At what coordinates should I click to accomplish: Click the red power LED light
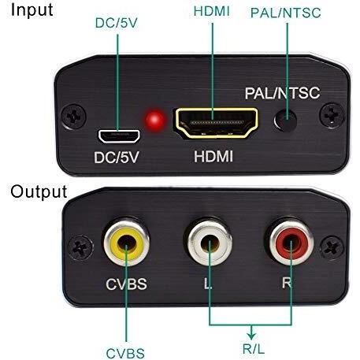[x=155, y=120]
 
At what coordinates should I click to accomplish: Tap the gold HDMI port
[x=217, y=123]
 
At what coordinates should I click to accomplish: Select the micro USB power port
[x=119, y=136]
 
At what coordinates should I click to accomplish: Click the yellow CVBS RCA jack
[x=127, y=242]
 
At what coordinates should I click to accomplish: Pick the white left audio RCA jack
[x=210, y=243]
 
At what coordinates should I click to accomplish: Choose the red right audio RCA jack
[x=291, y=243]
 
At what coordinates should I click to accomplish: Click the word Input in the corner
[x=32, y=10]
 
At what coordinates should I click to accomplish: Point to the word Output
[x=39, y=191]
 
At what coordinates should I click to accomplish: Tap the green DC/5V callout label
[x=116, y=23]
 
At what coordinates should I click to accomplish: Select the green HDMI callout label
[x=212, y=11]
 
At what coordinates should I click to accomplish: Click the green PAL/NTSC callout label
[x=286, y=13]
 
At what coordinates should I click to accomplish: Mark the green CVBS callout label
[x=125, y=353]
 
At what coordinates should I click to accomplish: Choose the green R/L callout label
[x=254, y=349]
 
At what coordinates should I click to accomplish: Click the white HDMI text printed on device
[x=213, y=156]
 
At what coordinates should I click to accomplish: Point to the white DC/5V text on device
[x=117, y=158]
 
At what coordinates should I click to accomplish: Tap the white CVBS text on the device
[x=126, y=284]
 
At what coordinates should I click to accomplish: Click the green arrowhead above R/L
[x=251, y=336]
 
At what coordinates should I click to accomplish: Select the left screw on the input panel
[x=74, y=117]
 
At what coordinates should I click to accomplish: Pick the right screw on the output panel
[x=332, y=247]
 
